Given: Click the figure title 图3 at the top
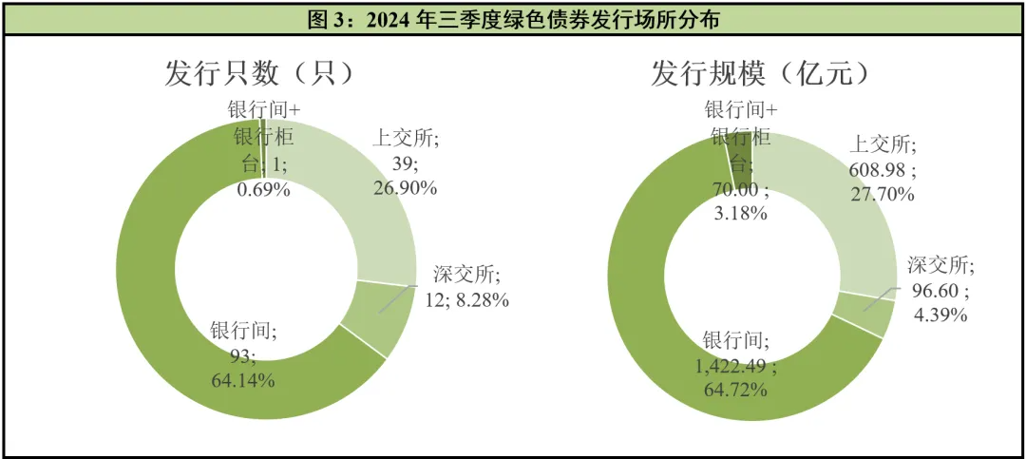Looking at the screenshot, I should coord(512,19).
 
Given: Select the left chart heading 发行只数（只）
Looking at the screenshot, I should coord(259,73).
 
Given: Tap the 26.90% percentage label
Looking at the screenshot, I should coord(405,188).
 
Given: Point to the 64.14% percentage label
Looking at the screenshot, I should coord(243,380).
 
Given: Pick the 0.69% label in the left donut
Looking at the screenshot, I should coord(263,188).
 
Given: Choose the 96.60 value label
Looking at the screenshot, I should coord(936,290).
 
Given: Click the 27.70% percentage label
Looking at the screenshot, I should coord(883,195).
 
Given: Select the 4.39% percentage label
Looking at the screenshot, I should coord(938,315).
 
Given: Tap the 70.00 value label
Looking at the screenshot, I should coord(739,188).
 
